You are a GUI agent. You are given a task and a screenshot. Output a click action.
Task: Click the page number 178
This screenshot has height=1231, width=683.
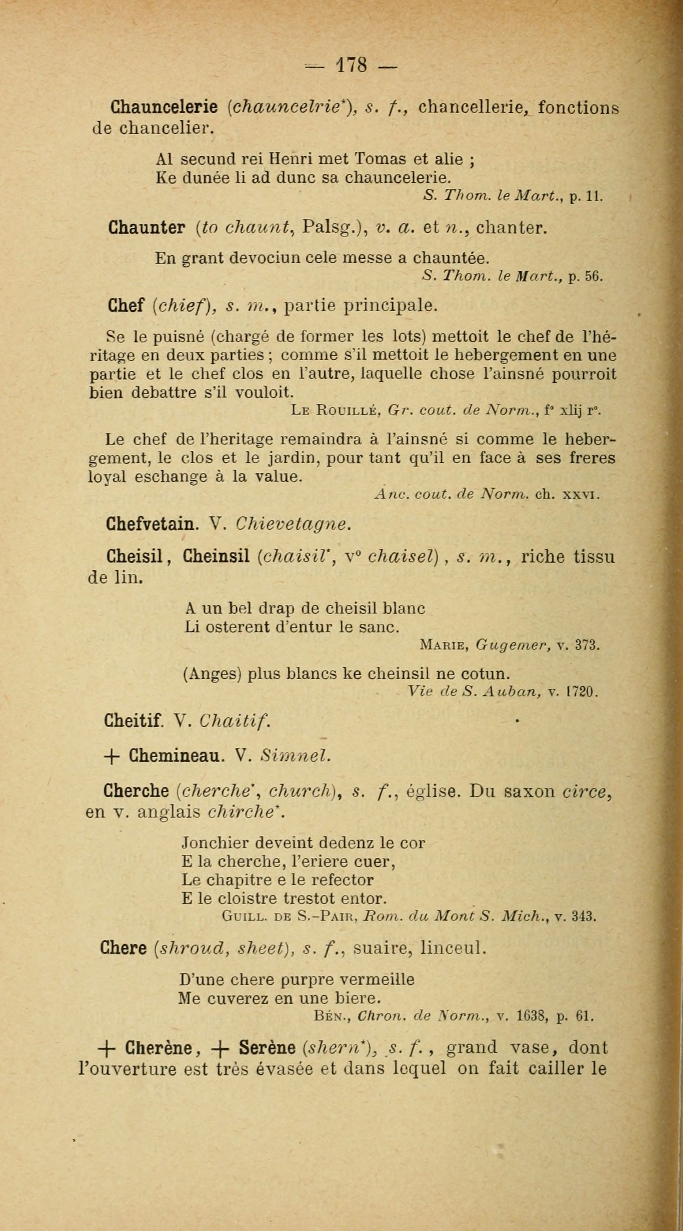[352, 65]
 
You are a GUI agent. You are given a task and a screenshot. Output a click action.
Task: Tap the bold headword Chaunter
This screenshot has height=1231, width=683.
[146, 228]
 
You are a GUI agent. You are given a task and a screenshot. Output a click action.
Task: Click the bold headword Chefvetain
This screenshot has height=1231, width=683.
[152, 524]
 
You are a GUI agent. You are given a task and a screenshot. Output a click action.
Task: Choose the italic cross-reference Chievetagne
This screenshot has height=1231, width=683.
[294, 524]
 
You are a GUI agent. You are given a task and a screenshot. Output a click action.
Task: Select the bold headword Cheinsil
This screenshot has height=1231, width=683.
[217, 556]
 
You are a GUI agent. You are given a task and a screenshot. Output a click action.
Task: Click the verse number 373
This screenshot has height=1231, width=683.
[588, 646]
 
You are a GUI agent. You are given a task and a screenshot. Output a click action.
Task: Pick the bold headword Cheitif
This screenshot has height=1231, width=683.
[133, 721]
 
